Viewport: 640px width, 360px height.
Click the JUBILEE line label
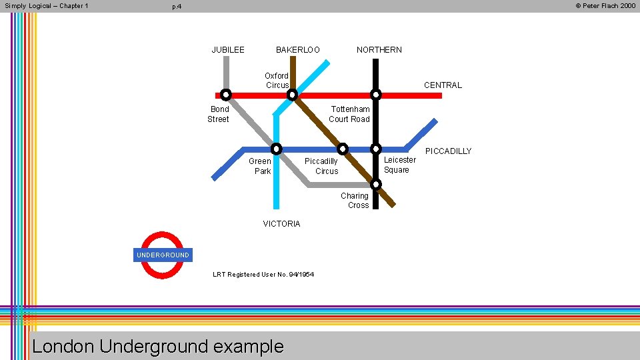(x=228, y=50)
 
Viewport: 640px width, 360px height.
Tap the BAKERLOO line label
(x=297, y=50)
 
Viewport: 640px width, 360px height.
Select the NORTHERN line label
(x=379, y=50)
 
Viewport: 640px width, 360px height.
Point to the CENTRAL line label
(x=443, y=85)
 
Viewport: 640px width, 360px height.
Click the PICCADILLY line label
(x=448, y=151)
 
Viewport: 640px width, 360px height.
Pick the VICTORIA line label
(x=281, y=224)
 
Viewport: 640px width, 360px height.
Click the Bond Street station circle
(x=226, y=95)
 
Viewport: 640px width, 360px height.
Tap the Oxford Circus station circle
(x=292, y=95)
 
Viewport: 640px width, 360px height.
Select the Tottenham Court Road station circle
(x=376, y=95)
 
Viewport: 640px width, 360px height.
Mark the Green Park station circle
(x=276, y=149)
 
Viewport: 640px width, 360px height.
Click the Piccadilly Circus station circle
(x=342, y=149)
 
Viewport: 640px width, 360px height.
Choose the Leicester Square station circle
(x=376, y=149)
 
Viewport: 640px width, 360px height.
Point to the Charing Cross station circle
(x=376, y=184)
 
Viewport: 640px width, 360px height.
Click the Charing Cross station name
(x=355, y=201)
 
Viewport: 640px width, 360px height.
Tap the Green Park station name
(x=260, y=166)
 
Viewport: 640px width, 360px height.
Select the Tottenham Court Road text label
(x=349, y=114)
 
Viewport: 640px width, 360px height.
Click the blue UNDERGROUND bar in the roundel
(x=163, y=255)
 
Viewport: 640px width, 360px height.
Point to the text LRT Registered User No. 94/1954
(x=263, y=275)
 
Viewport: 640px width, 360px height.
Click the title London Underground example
(x=157, y=347)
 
